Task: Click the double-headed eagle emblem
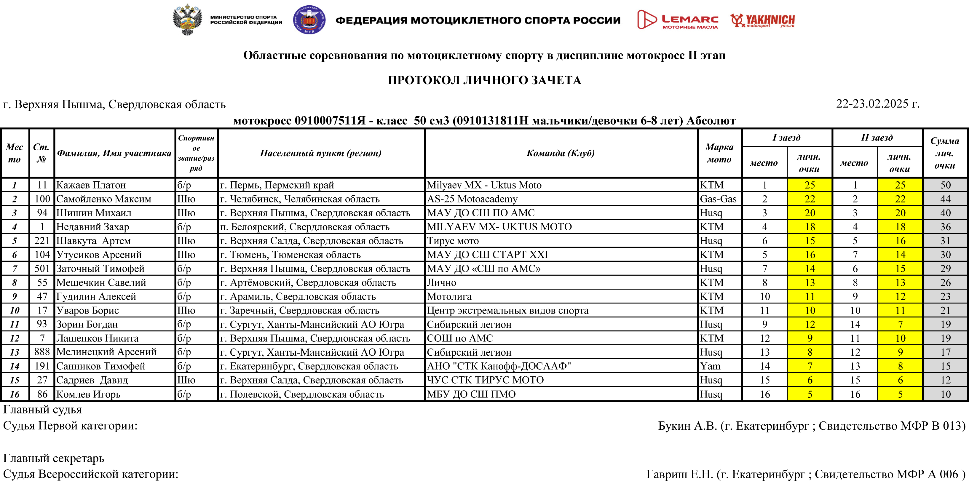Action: pyautogui.click(x=187, y=20)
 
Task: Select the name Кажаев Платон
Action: pyautogui.click(x=91, y=185)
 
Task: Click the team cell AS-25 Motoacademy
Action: pyautogui.click(x=472, y=199)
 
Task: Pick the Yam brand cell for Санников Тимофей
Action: pyautogui.click(x=710, y=366)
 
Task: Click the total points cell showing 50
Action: pyautogui.click(x=945, y=185)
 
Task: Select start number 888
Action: pyautogui.click(x=42, y=352)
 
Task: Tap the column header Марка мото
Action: pyautogui.click(x=719, y=153)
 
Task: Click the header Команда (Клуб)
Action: pyautogui.click(x=561, y=153)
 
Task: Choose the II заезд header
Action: pyautogui.click(x=877, y=138)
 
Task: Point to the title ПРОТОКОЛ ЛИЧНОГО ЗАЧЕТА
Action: pyautogui.click(x=484, y=80)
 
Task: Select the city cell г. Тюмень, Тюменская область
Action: pyautogui.click(x=290, y=255)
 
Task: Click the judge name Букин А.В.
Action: pyautogui.click(x=687, y=426)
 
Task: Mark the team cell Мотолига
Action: pyautogui.click(x=449, y=296)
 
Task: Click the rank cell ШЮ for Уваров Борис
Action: pyautogui.click(x=186, y=310)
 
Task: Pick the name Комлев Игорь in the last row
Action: pyautogui.click(x=88, y=394)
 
